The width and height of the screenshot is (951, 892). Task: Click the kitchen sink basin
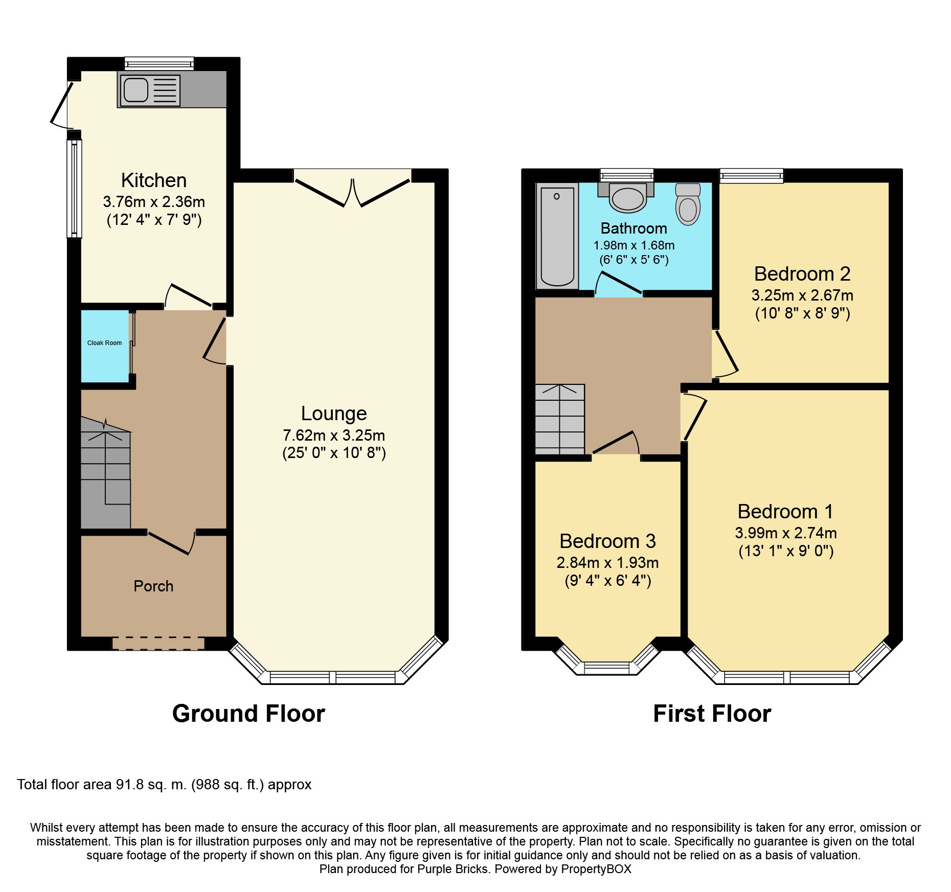(136, 90)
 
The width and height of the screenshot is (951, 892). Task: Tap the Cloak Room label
(104, 343)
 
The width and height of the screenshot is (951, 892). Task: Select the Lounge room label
(333, 413)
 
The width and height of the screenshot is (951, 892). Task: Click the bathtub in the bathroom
(557, 236)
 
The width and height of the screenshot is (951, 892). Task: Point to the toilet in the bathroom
(688, 205)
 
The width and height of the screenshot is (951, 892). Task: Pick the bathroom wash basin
(627, 199)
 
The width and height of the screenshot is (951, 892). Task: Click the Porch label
(153, 586)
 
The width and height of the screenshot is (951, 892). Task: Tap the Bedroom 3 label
(607, 541)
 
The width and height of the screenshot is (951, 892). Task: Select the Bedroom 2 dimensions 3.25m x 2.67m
(802, 295)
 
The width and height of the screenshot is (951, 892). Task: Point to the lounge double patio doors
(353, 192)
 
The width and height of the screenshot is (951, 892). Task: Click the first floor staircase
(559, 419)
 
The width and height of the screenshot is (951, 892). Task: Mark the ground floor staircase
(106, 473)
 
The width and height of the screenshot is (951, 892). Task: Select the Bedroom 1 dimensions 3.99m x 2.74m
(786, 533)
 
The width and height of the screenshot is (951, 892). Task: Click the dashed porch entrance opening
(158, 643)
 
